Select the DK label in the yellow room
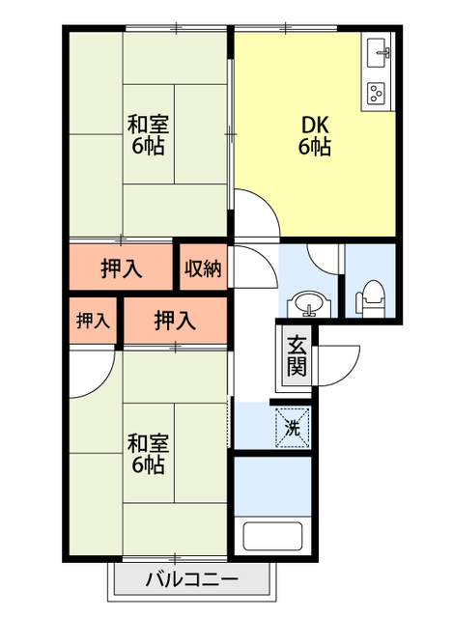(315, 126)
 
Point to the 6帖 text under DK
(315, 148)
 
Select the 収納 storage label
(204, 267)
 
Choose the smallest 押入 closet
(93, 320)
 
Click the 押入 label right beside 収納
(122, 267)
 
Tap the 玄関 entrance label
(297, 356)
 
